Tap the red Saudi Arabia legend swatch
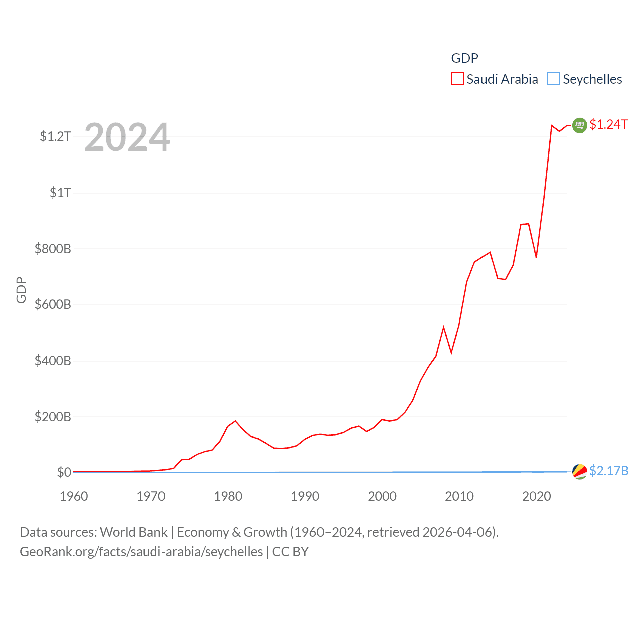click(457, 79)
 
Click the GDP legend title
click(464, 58)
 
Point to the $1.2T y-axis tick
click(55, 136)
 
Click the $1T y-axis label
click(60, 193)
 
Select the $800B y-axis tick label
click(53, 249)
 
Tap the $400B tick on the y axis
click(53, 361)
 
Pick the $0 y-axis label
click(64, 472)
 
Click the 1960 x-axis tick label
click(74, 496)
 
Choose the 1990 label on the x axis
click(305, 496)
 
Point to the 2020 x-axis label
click(536, 496)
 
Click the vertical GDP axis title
click(21, 290)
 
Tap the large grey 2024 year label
click(127, 137)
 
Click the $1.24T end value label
click(608, 124)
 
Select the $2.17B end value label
click(609, 471)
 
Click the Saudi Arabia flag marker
click(579, 125)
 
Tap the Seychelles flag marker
click(579, 471)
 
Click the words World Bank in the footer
click(133, 532)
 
